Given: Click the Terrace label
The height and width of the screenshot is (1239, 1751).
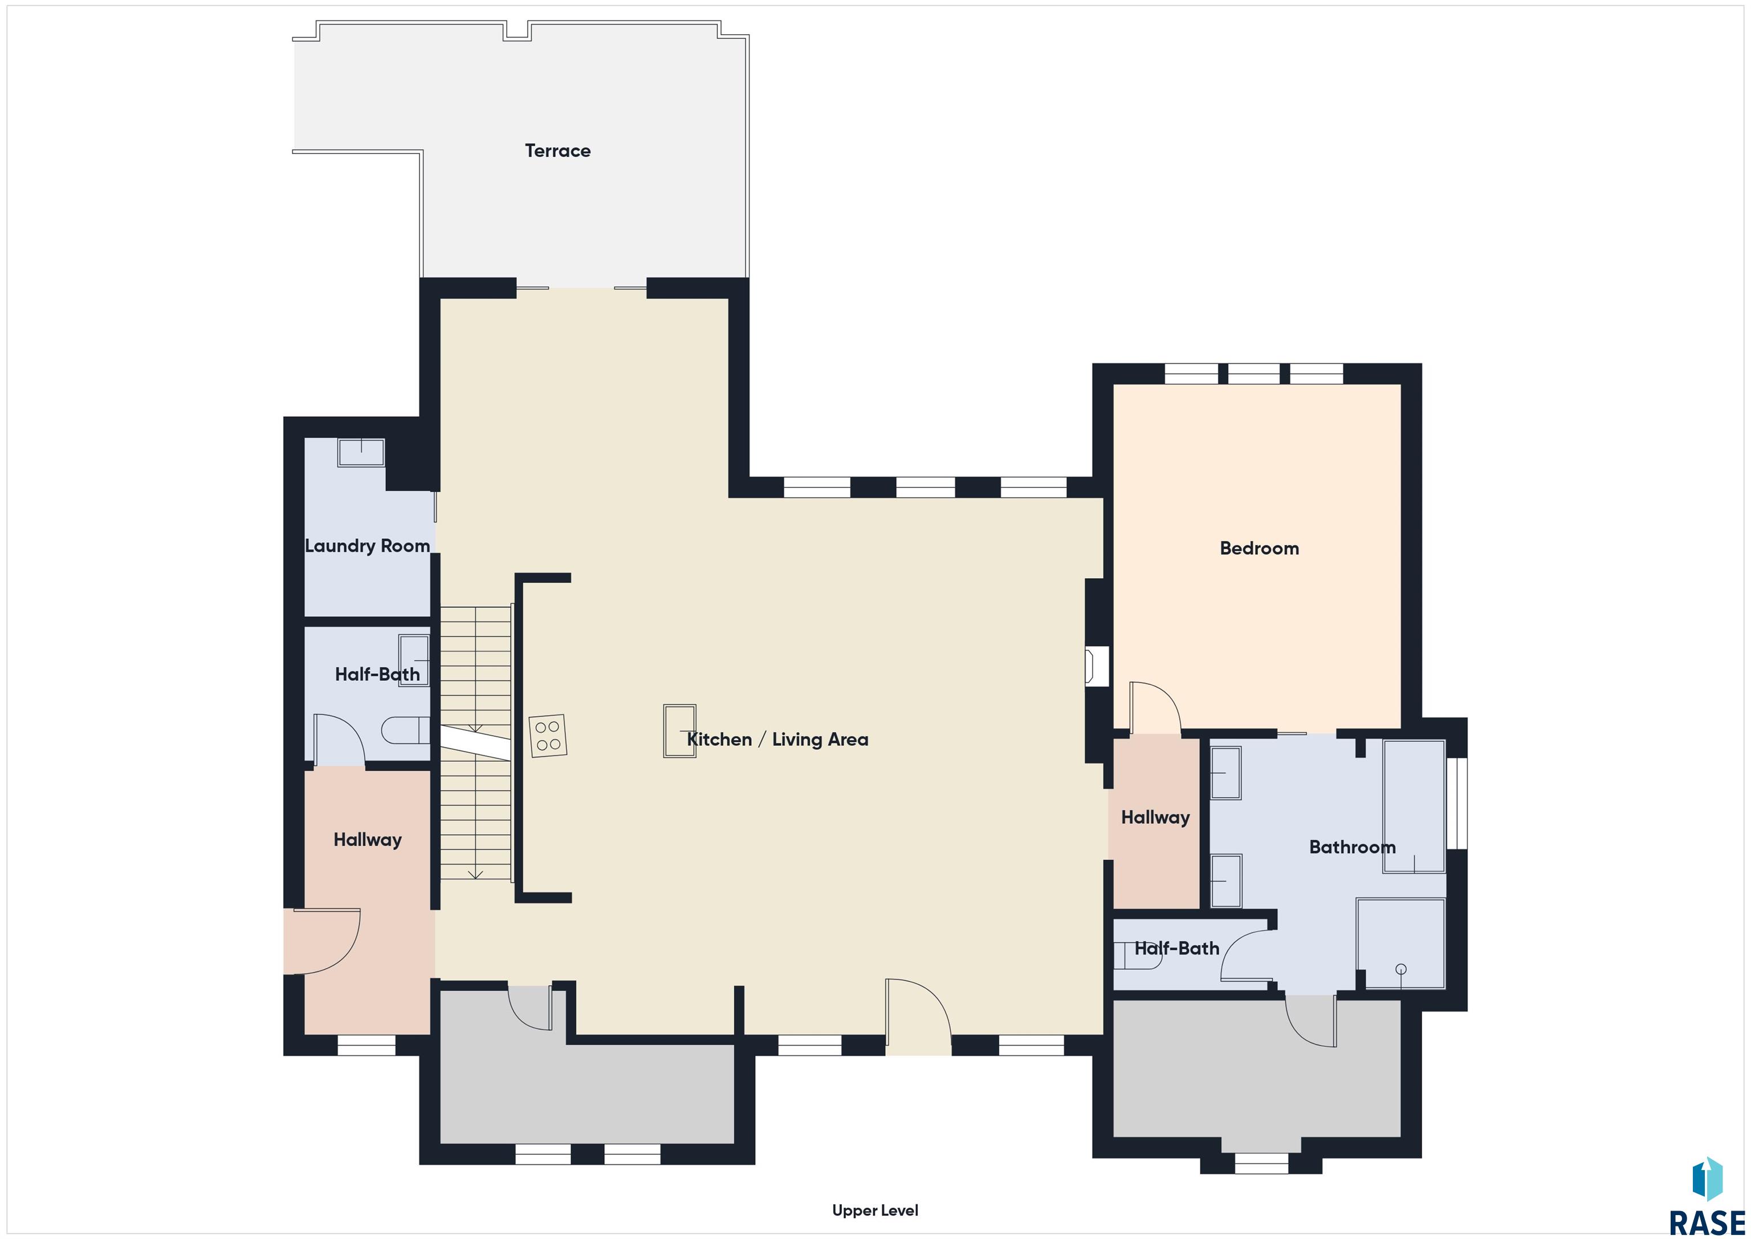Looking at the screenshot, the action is click(557, 151).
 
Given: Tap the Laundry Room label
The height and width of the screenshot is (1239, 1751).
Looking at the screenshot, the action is click(368, 546).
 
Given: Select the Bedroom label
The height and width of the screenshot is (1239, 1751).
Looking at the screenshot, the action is click(1259, 549).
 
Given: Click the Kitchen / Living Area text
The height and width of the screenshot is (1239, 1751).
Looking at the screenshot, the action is click(777, 740).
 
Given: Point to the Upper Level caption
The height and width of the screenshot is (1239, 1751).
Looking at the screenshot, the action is click(875, 1210).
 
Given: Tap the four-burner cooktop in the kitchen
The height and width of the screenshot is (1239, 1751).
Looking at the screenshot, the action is click(548, 736).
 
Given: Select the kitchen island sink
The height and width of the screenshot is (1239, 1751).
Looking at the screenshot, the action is click(679, 731).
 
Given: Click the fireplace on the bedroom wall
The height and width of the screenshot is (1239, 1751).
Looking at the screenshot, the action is click(1097, 667).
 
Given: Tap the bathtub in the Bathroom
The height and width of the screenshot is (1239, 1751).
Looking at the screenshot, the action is click(1414, 806).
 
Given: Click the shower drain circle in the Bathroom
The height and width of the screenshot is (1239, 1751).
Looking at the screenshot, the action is click(1401, 970).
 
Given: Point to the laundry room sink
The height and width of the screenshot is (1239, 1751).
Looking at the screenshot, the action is click(361, 452).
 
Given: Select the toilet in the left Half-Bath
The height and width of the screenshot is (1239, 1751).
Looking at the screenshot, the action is click(406, 730).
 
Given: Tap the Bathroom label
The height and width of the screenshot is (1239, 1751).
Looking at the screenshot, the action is click(1352, 847).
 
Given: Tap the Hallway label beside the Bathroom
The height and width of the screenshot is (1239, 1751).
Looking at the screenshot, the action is click(1155, 818).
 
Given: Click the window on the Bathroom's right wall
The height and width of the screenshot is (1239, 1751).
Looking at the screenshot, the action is click(1457, 803).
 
